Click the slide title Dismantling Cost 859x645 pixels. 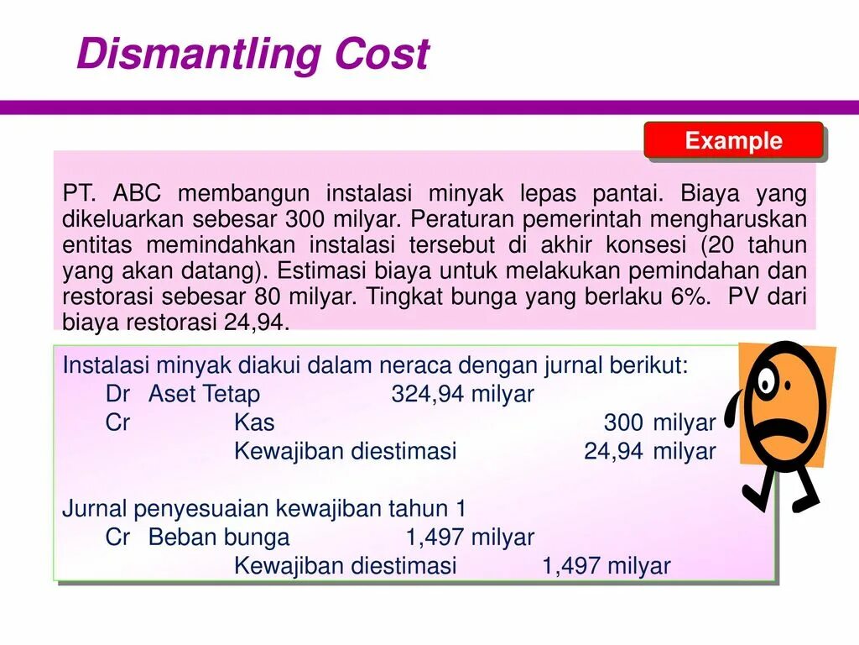click(252, 55)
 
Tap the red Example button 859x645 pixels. click(733, 141)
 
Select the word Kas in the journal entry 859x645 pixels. click(254, 422)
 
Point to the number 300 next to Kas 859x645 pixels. click(623, 422)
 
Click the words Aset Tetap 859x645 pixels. click(204, 394)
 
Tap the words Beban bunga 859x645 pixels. click(218, 537)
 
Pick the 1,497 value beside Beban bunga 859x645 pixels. click(435, 537)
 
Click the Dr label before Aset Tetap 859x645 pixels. click(118, 394)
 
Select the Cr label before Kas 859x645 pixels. click(118, 422)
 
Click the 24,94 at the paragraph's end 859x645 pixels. click(257, 322)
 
